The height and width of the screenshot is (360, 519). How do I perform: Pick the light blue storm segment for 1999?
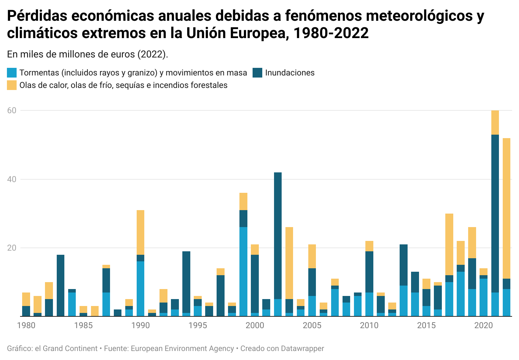tap(244, 272)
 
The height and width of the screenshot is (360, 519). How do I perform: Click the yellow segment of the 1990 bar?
tap(140, 232)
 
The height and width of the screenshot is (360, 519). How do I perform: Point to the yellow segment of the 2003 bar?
tap(289, 263)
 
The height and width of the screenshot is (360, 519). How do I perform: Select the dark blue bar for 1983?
tap(61, 286)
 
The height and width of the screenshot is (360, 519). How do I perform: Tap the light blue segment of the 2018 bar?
tap(461, 294)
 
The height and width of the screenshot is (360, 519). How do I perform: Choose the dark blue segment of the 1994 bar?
tap(186, 282)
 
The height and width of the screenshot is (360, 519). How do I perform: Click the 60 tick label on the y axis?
tap(12, 110)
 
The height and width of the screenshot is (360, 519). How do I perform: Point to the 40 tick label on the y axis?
tap(12, 179)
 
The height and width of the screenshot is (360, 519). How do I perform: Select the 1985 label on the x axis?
tap(83, 325)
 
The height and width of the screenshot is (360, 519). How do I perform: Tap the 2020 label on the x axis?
tap(483, 325)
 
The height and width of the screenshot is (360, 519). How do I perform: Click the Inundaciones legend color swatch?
tap(257, 73)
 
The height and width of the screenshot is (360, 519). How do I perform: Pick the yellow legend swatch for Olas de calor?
tap(12, 85)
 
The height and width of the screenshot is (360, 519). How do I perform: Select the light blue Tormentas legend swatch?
tap(12, 73)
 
